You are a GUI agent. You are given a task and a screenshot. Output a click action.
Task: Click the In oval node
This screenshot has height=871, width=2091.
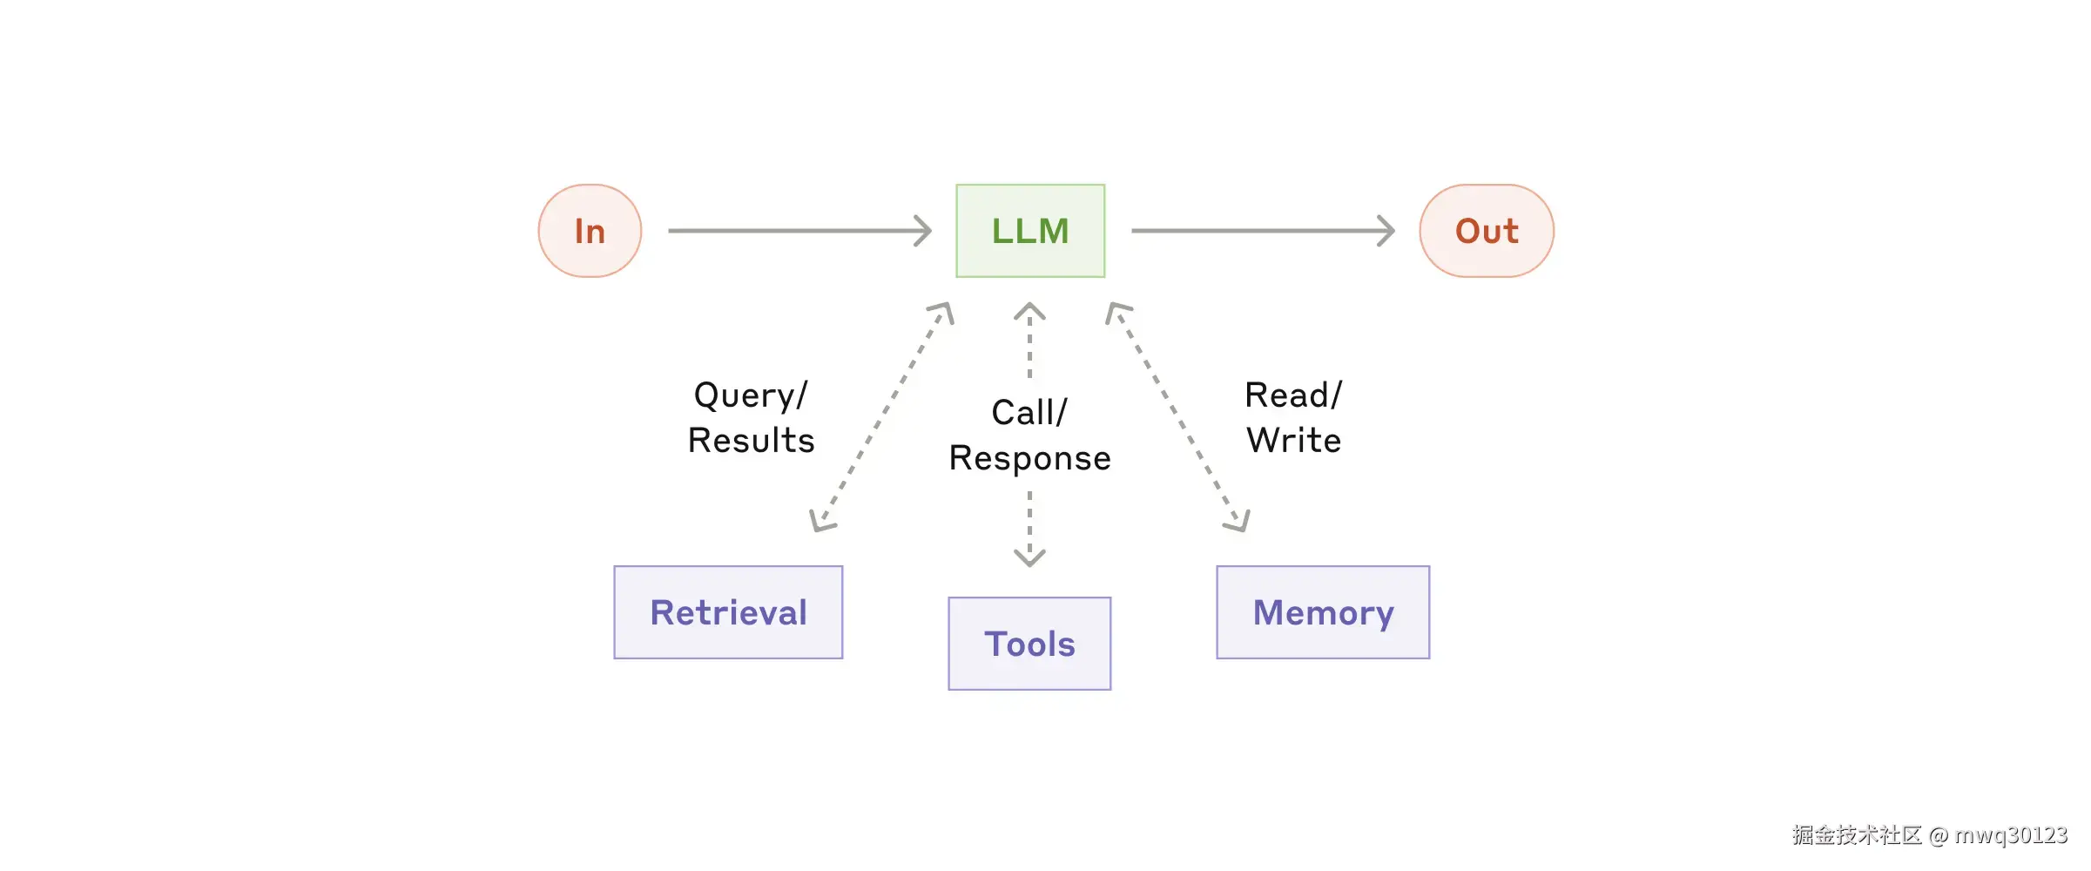pos(590,231)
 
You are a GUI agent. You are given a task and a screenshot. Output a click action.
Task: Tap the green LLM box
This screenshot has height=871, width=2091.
pos(1030,231)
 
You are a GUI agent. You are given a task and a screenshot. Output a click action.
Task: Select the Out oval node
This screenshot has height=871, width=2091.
pos(1487,231)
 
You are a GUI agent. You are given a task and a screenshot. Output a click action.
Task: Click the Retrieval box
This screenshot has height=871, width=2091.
pos(728,612)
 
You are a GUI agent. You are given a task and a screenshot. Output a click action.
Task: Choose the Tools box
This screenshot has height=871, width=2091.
pos(1029,644)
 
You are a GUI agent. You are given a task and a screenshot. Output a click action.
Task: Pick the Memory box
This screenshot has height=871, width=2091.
pos(1323,612)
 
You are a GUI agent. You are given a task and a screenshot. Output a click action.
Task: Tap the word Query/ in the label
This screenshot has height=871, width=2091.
pos(751,395)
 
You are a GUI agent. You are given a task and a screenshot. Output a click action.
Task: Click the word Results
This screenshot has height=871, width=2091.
pos(751,441)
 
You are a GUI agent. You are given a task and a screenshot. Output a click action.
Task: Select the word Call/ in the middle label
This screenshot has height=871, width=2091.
pos(1029,413)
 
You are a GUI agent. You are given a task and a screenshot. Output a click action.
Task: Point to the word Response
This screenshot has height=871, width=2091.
pos(1029,458)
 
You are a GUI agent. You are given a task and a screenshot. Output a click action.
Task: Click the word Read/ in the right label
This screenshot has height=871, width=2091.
pos(1293,395)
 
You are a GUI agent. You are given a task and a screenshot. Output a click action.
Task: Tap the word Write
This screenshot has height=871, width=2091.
pos(1293,441)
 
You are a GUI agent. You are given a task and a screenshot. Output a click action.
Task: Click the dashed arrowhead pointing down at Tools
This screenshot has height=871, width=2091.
pos(1029,558)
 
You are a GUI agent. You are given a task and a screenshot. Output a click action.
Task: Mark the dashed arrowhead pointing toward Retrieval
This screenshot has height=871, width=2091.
pos(820,522)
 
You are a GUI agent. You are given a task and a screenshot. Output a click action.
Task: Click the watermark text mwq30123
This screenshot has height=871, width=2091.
pos(2010,835)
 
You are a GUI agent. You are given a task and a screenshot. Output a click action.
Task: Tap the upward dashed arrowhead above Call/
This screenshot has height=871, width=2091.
pos(1029,310)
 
